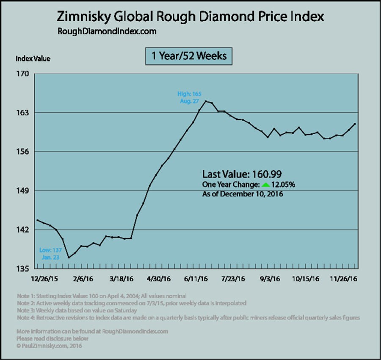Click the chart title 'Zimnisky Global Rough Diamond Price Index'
[190, 17]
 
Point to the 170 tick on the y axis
[23, 74]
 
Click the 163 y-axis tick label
[23, 113]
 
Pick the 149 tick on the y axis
[23, 191]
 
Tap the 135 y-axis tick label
[23, 269]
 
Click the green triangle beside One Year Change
[265, 185]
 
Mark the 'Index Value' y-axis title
[33, 59]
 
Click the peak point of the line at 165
[206, 101]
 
